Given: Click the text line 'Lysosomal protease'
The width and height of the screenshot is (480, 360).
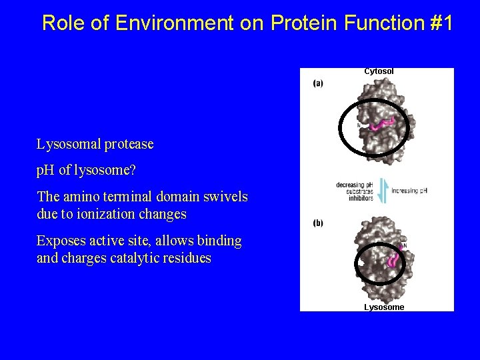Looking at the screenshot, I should point(95,144).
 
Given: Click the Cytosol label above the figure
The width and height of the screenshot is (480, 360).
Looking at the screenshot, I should point(379,71).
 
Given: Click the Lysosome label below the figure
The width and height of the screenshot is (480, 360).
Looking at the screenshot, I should point(383,307).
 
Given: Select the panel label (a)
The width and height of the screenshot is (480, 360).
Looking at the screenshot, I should point(318,84).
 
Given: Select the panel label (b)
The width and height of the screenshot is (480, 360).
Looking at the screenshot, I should point(318,223).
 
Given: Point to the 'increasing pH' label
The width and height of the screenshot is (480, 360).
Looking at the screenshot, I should point(409,191).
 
